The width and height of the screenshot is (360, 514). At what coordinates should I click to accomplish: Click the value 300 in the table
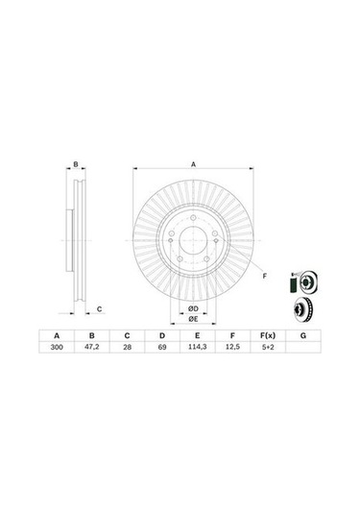57,347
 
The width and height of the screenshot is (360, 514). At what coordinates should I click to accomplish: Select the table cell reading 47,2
92,347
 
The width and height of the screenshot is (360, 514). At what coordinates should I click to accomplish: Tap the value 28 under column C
127,347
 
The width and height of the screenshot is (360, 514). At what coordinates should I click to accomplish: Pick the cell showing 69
162,347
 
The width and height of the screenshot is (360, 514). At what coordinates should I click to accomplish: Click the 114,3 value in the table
197,347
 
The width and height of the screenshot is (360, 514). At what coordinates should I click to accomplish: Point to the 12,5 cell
232,347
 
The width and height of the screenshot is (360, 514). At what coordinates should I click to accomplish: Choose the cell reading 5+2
268,347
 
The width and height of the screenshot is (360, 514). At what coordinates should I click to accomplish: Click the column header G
303,335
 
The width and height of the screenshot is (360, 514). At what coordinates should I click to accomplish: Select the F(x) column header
268,335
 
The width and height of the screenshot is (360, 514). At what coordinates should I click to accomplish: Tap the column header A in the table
57,335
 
